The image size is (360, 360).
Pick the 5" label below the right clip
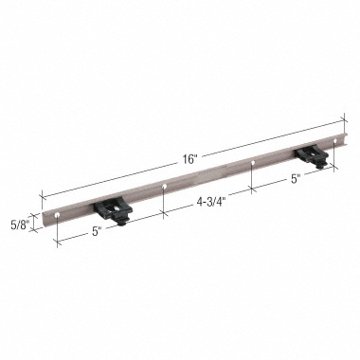(295, 177)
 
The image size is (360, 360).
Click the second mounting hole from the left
(165, 188)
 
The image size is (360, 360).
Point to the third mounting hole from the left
(253, 164)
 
